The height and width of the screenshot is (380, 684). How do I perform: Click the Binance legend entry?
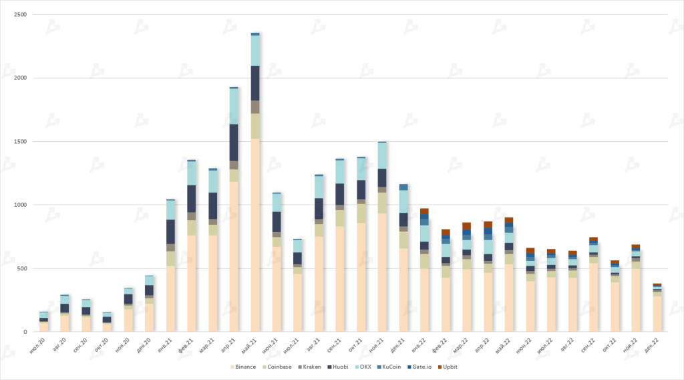click(244, 367)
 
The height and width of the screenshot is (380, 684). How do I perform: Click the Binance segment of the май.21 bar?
click(255, 234)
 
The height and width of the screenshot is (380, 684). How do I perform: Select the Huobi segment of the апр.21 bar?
click(234, 142)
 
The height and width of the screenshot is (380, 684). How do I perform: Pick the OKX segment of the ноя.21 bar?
click(382, 155)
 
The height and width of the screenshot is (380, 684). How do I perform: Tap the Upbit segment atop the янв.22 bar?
click(424, 211)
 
